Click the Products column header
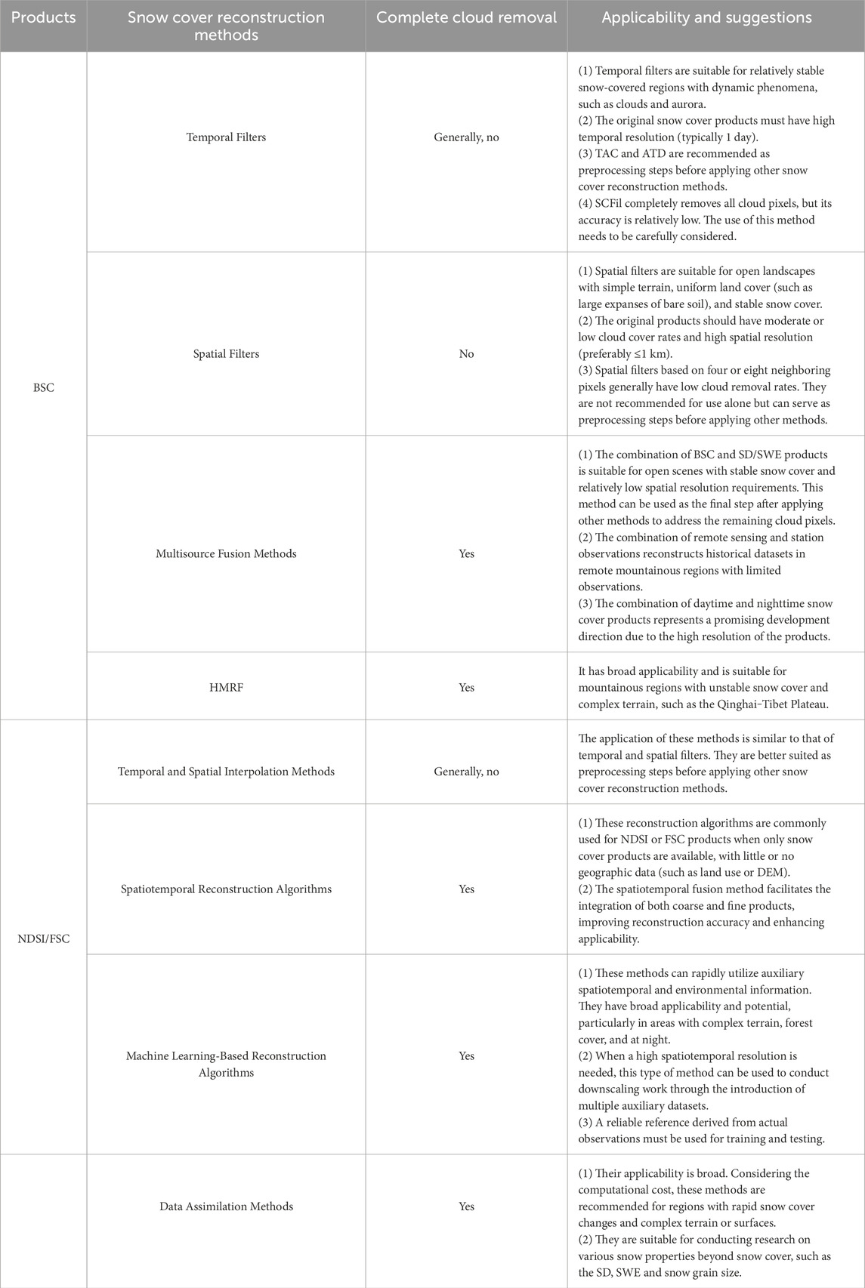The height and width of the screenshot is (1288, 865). tap(44, 17)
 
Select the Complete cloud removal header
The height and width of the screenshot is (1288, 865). tap(466, 17)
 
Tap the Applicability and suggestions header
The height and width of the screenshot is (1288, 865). tap(706, 17)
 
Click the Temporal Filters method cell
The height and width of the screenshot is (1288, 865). tap(226, 137)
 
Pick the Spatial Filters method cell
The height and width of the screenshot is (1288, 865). tap(226, 353)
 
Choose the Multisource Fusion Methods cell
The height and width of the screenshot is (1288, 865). tap(226, 553)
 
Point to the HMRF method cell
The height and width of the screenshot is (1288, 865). tap(226, 687)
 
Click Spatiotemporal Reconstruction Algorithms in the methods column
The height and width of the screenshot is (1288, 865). tap(226, 889)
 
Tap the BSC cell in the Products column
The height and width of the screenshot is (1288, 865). tap(44, 387)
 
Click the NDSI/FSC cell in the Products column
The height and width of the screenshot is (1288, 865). tap(44, 939)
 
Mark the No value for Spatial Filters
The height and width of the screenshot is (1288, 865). tap(466, 353)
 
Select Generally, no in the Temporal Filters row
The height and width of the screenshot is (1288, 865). tap(466, 137)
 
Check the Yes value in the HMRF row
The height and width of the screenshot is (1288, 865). tap(466, 687)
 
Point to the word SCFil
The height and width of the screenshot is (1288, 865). tap(612, 204)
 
